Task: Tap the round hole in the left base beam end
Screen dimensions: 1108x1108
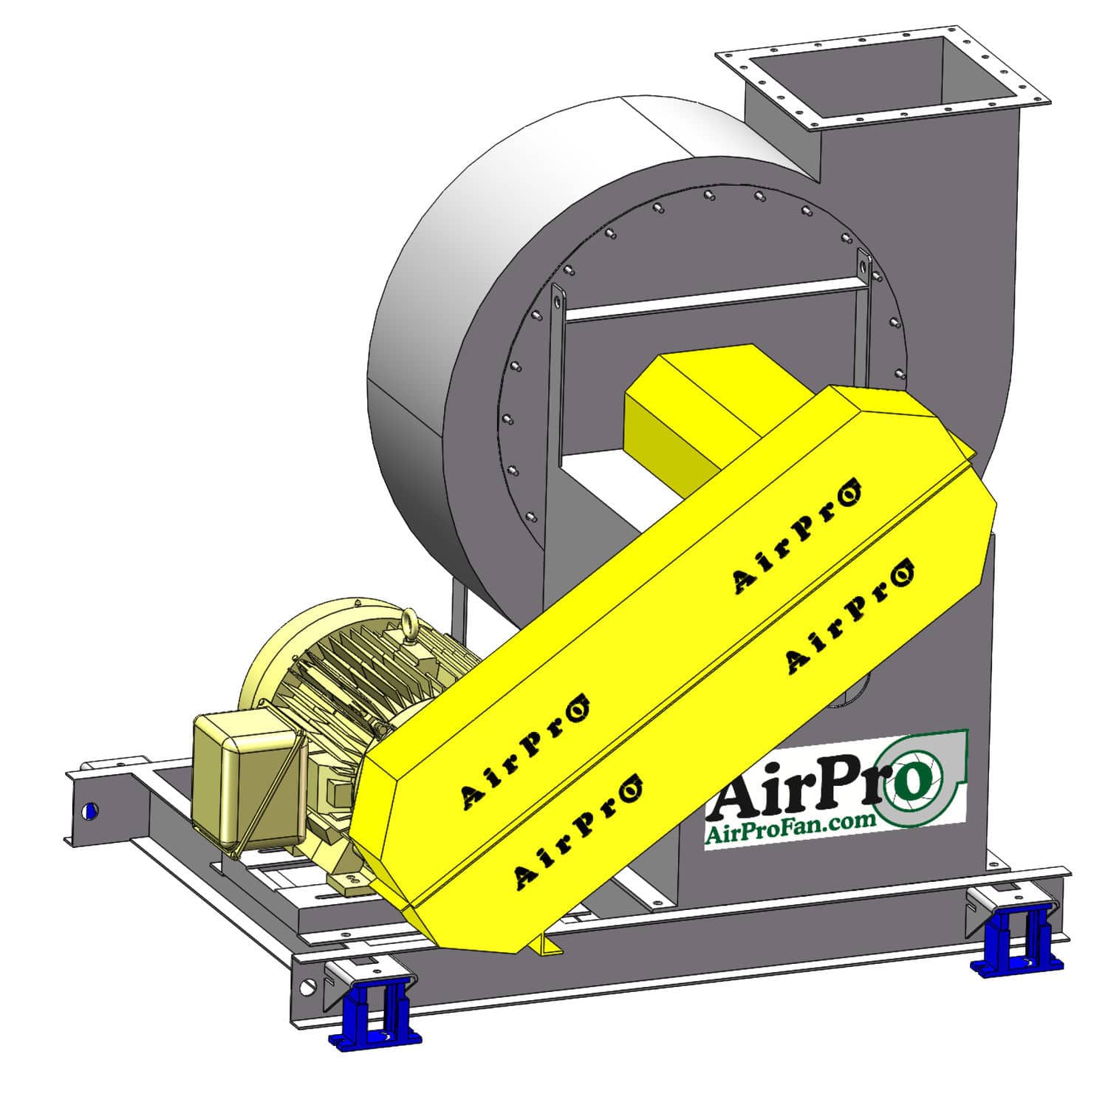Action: pos(90,811)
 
